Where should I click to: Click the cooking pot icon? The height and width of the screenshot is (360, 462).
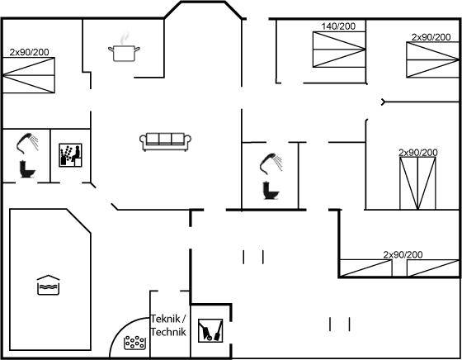click(x=124, y=54)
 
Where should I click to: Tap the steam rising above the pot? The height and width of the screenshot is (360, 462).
click(x=125, y=37)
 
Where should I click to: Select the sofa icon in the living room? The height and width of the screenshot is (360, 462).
click(x=165, y=142)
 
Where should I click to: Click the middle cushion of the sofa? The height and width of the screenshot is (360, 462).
click(x=165, y=139)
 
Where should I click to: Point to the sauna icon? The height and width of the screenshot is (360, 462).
click(x=70, y=155)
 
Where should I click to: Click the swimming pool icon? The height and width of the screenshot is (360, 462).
click(x=49, y=285)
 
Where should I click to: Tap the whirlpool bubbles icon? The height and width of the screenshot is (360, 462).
click(x=135, y=343)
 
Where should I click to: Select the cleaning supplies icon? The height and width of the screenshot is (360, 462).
click(x=210, y=330)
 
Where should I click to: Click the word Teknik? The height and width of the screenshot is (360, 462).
click(x=165, y=319)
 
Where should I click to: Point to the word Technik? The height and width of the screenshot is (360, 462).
click(x=168, y=332)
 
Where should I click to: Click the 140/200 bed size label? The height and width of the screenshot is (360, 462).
click(x=338, y=26)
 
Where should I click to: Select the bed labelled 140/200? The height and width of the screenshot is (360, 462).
click(x=339, y=50)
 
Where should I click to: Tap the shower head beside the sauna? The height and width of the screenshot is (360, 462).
click(x=27, y=142)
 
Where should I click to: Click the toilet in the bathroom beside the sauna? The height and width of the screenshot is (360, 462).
click(x=27, y=169)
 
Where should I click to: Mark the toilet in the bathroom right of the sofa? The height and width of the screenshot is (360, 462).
click(x=271, y=191)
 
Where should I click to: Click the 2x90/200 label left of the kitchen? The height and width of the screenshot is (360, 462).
click(x=29, y=52)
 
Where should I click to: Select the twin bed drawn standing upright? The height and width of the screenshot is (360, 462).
click(x=417, y=183)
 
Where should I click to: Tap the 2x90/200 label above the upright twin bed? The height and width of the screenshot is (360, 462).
click(x=418, y=153)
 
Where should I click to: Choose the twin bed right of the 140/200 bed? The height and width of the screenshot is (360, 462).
click(x=432, y=59)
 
